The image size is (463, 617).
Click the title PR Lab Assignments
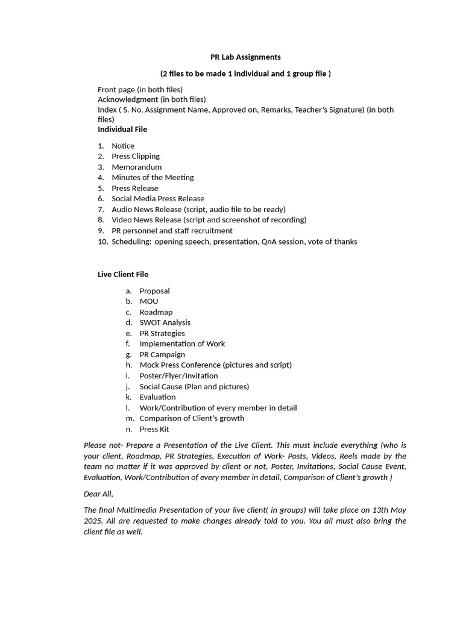(245, 57)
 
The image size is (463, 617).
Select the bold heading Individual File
(122, 129)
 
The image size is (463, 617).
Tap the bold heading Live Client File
(123, 274)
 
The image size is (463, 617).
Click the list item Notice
(123, 146)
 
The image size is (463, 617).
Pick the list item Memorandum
(137, 167)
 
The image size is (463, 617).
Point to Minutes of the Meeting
(153, 177)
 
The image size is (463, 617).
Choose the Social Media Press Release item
(158, 198)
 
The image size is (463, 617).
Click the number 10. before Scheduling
(102, 242)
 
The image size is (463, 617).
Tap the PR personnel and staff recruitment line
(172, 231)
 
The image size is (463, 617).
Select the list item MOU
(149, 301)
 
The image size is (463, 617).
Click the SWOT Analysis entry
(165, 322)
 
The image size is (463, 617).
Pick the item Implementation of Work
(182, 343)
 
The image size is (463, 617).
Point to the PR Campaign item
(162, 354)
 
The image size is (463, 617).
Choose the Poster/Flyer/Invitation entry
(178, 375)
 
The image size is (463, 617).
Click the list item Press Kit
(154, 429)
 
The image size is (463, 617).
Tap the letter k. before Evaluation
(129, 397)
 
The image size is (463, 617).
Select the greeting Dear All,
(98, 493)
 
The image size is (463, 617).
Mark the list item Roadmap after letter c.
(156, 312)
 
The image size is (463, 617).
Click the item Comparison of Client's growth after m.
(192, 418)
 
